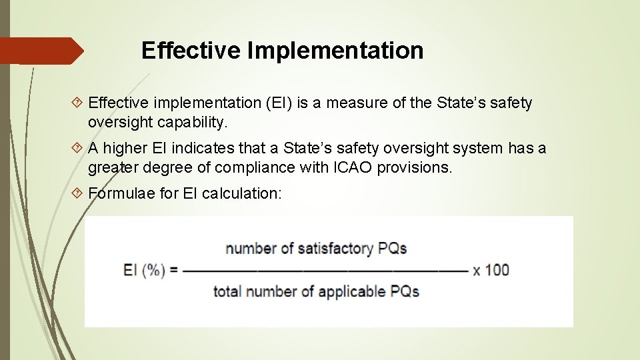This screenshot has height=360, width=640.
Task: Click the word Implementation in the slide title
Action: [336, 51]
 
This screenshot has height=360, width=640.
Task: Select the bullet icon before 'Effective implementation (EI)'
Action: [77, 103]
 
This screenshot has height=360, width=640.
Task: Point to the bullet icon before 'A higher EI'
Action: [77, 148]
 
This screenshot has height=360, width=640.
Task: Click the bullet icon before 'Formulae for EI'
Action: [77, 193]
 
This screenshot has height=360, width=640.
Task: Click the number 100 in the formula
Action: [497, 270]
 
